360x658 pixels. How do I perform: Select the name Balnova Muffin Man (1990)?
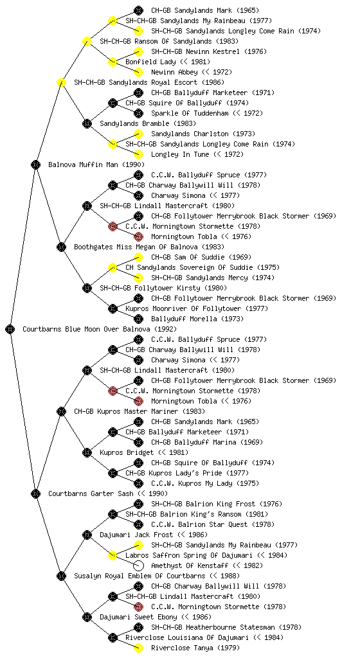[x=96, y=165]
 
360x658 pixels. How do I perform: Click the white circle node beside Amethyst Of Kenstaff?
[x=138, y=565]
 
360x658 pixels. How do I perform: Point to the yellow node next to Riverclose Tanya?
[x=138, y=648]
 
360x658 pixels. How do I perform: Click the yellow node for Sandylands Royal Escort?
[x=61, y=83]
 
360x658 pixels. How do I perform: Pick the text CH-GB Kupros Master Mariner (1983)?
[x=139, y=412]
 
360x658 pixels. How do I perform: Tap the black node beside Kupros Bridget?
[x=87, y=453]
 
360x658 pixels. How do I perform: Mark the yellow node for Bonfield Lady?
[x=113, y=62]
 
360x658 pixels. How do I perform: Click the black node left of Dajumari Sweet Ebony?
[x=87, y=618]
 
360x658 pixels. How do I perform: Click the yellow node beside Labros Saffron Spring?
[x=113, y=556]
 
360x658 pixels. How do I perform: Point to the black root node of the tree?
[x=10, y=330]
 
